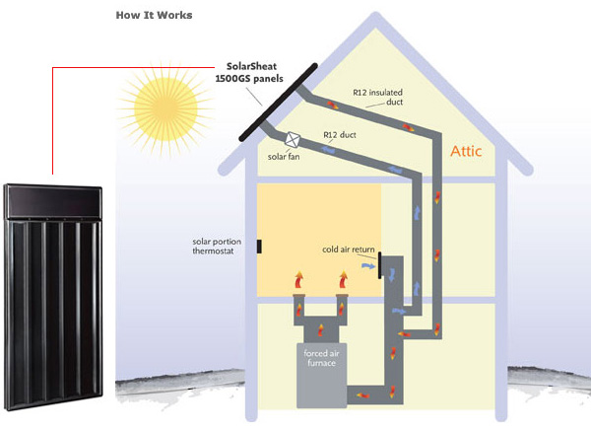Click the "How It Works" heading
[154, 16]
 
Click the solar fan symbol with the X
[293, 141]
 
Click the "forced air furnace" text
[321, 357]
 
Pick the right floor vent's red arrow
[343, 282]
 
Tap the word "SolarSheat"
[240, 65]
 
